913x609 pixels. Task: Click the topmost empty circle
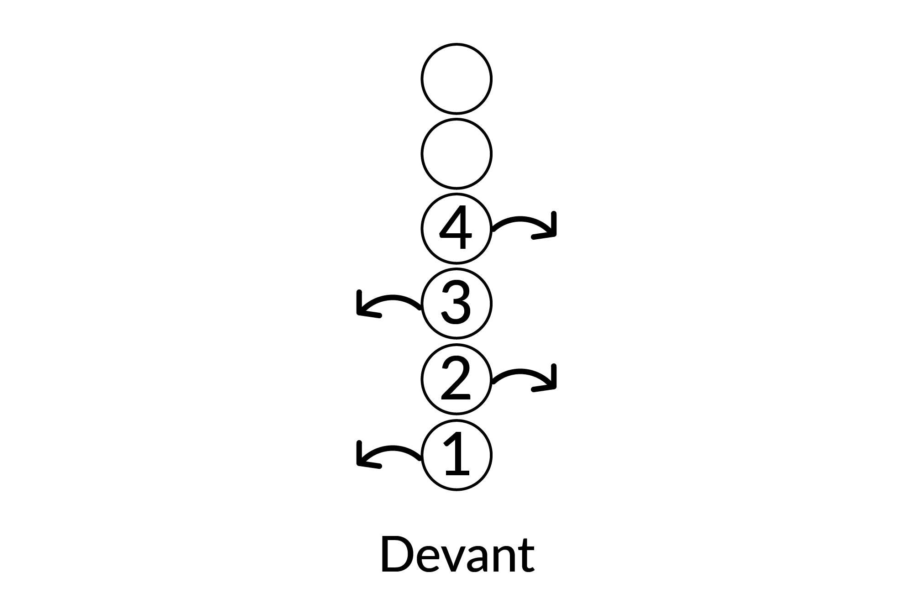tap(456, 79)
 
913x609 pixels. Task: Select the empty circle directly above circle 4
tap(456, 154)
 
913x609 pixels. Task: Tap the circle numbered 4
tap(456, 229)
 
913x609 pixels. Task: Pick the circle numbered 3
tap(456, 304)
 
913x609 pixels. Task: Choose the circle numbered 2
tap(456, 378)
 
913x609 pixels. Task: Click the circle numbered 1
tap(456, 455)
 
